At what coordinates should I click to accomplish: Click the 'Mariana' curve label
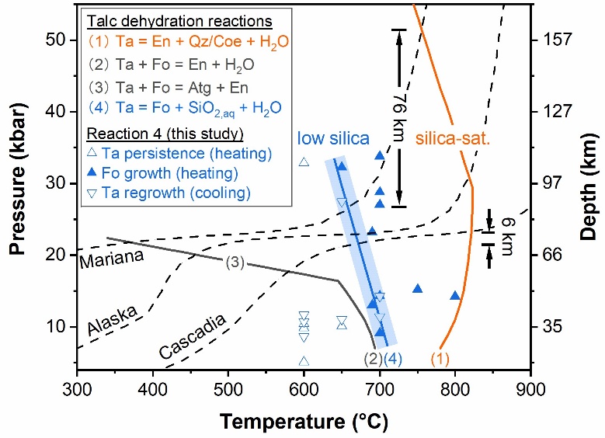[x=112, y=259]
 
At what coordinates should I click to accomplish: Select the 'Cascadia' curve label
[x=192, y=336]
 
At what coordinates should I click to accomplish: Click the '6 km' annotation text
[x=506, y=237]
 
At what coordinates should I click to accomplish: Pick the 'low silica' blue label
[x=333, y=138]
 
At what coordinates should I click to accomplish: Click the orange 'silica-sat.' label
[x=453, y=138]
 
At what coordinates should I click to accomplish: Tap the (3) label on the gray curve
[x=235, y=262]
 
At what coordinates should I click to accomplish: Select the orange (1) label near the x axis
[x=440, y=360]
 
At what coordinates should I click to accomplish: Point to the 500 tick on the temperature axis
[x=228, y=389]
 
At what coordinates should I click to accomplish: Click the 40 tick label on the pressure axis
[x=56, y=112]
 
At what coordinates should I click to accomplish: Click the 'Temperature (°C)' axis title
[x=304, y=422]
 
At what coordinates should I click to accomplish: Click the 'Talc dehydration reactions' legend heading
[x=179, y=21]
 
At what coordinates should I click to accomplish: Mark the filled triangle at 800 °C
[x=455, y=296]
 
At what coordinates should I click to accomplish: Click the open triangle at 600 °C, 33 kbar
[x=304, y=162]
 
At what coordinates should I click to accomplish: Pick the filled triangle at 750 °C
[x=418, y=289]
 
